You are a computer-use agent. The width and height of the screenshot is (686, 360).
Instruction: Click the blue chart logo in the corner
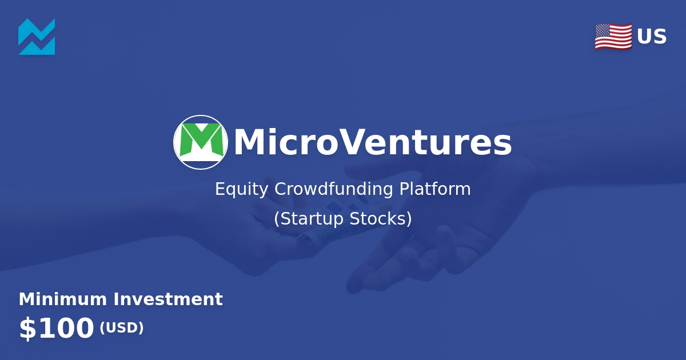37,37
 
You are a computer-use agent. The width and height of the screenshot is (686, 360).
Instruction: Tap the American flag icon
613,37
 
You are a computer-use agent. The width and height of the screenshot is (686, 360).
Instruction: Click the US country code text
652,37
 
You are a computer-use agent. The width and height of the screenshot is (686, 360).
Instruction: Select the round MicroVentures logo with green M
201,142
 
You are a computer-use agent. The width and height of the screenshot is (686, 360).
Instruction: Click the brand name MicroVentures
372,143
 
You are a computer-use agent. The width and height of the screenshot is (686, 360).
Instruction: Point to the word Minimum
63,299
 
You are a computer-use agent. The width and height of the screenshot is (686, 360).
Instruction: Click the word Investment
168,299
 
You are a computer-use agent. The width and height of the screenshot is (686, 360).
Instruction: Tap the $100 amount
56,329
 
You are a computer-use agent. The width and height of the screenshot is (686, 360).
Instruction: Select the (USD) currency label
121,328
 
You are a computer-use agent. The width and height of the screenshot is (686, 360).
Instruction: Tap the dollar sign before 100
26,329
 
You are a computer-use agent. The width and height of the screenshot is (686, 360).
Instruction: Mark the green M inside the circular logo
201,139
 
